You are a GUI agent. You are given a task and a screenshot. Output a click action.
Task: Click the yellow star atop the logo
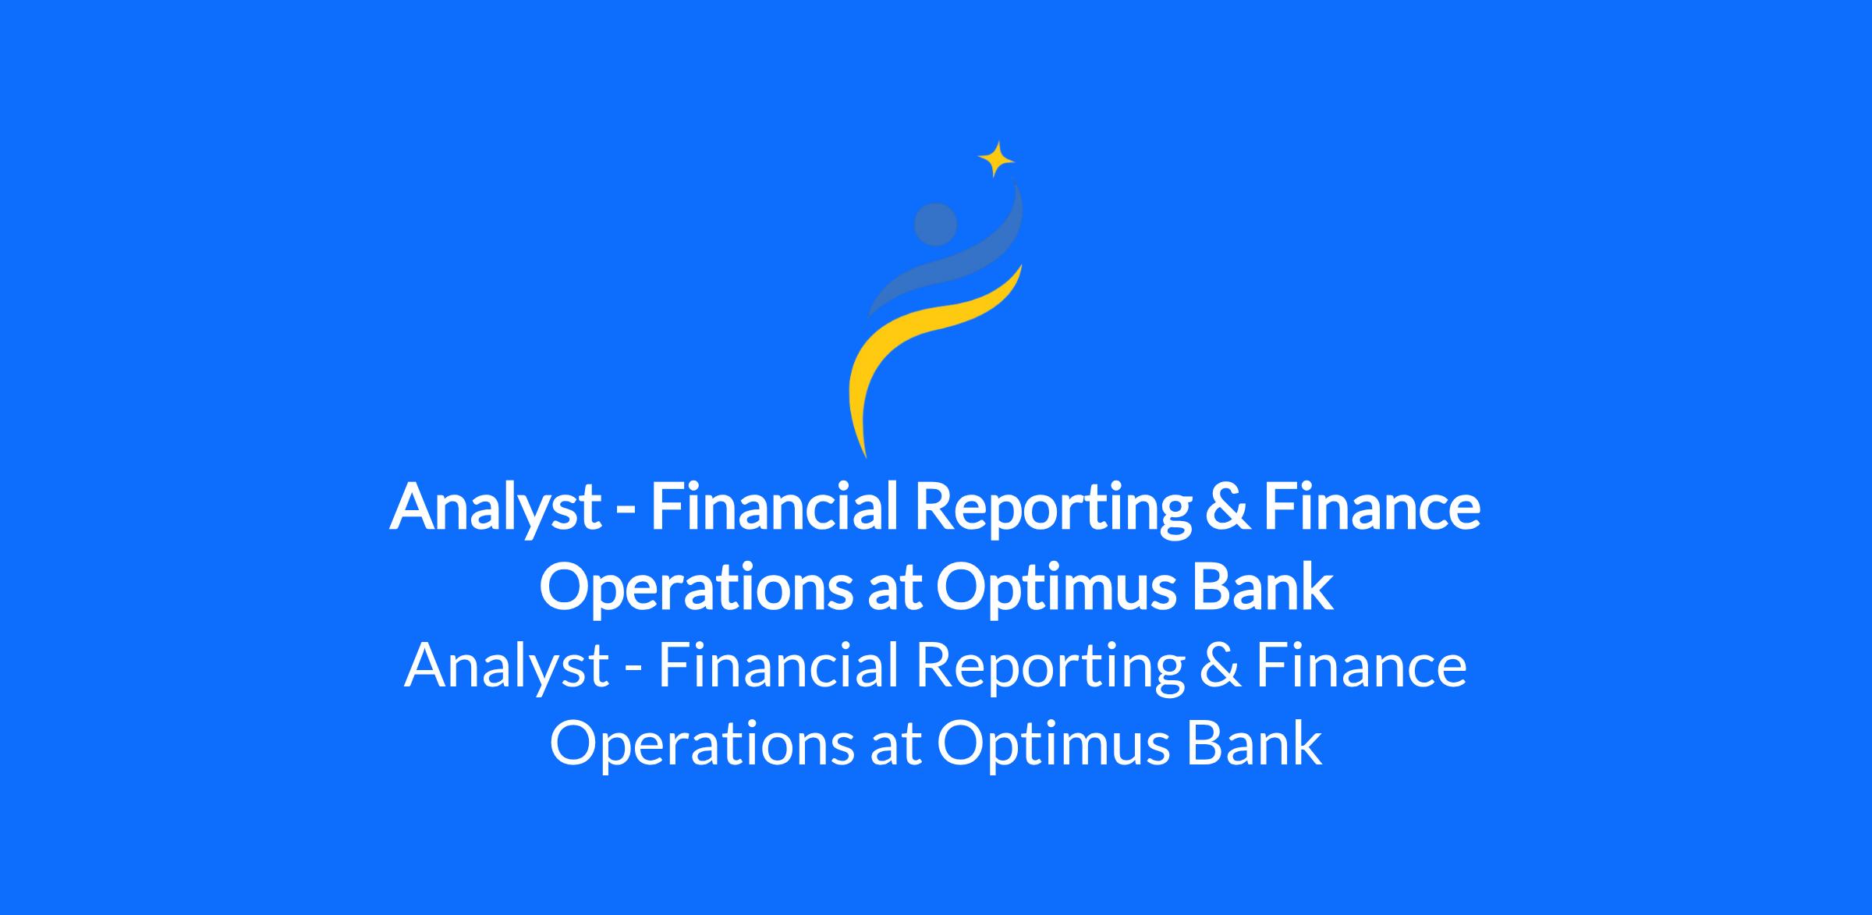click(x=996, y=159)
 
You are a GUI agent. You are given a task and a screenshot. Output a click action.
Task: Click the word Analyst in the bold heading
click(x=495, y=507)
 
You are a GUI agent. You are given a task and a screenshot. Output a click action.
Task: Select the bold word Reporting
click(x=1052, y=507)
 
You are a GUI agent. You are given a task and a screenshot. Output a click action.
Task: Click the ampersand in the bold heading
click(x=1227, y=506)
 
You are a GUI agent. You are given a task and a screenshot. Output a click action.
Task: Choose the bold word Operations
click(x=695, y=588)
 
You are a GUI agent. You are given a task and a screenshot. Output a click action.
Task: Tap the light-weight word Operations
click(x=702, y=744)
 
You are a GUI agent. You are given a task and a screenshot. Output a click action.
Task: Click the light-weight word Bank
click(x=1254, y=743)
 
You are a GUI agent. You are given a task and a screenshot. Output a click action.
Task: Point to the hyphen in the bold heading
click(x=626, y=512)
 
